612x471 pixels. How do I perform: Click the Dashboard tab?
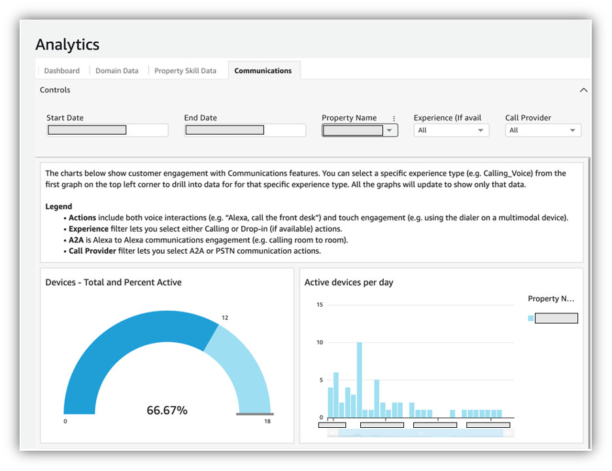pyautogui.click(x=61, y=71)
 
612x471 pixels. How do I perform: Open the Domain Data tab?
pyautogui.click(x=116, y=71)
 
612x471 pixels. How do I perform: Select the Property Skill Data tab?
pyautogui.click(x=185, y=71)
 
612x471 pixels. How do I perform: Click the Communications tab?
pyautogui.click(x=263, y=71)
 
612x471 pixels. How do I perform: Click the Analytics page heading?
pyautogui.click(x=67, y=44)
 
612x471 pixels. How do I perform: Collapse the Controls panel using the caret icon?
pyautogui.click(x=584, y=90)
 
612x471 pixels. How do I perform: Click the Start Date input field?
pyautogui.click(x=107, y=130)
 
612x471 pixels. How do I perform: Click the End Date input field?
pyautogui.click(x=245, y=130)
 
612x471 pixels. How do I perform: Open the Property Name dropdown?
pyautogui.click(x=360, y=130)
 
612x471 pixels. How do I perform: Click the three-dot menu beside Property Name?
pyautogui.click(x=394, y=118)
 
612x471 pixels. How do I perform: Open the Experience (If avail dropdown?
pyautogui.click(x=451, y=130)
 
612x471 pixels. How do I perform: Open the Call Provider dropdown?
pyautogui.click(x=543, y=130)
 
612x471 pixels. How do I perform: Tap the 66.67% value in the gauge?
pyautogui.click(x=167, y=410)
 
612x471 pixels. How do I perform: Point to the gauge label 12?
pyautogui.click(x=225, y=318)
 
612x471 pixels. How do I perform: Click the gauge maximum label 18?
pyautogui.click(x=267, y=422)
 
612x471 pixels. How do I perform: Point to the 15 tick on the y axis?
pyautogui.click(x=320, y=305)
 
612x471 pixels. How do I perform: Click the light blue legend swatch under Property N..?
pyautogui.click(x=530, y=319)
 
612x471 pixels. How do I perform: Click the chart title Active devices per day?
pyautogui.click(x=348, y=283)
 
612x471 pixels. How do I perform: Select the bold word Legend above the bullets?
pyautogui.click(x=59, y=207)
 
